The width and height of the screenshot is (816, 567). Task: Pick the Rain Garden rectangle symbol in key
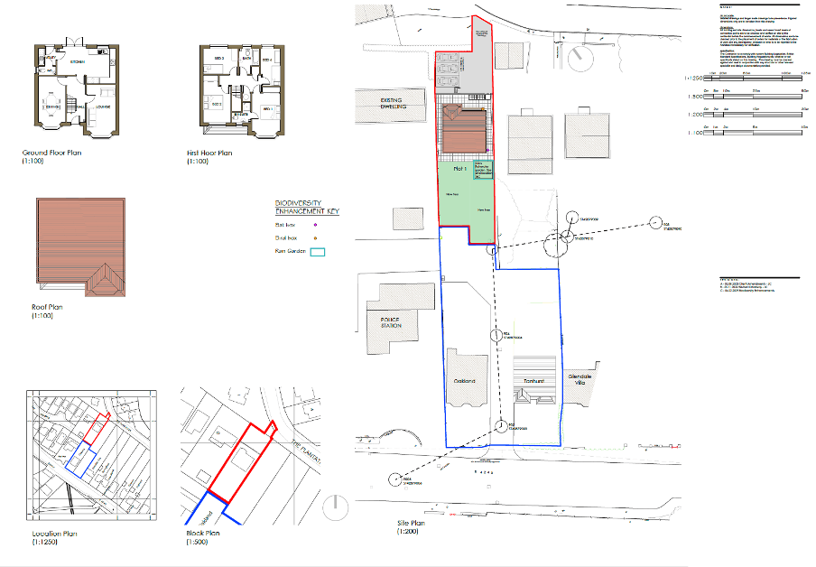point(317,253)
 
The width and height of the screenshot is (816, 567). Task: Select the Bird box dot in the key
point(315,238)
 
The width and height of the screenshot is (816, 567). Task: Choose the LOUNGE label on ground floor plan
point(103,107)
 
